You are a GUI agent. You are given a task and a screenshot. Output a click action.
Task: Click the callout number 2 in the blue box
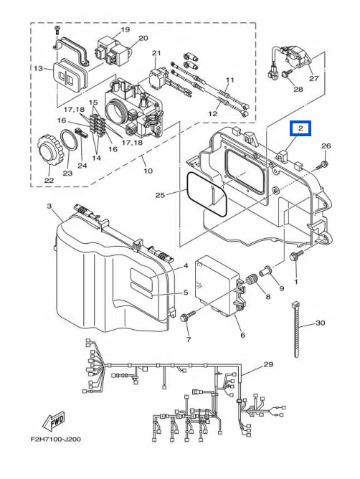click(300, 128)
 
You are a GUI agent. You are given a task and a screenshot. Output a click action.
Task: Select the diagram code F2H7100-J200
click(56, 440)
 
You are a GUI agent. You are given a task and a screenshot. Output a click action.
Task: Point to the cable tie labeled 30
click(295, 328)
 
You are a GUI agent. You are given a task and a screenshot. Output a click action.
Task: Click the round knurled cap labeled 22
click(49, 150)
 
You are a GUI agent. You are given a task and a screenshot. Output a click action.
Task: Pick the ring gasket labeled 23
click(69, 141)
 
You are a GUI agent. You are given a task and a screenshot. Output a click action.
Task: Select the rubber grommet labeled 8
click(251, 280)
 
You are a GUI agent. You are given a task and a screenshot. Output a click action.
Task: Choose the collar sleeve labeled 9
click(265, 271)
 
